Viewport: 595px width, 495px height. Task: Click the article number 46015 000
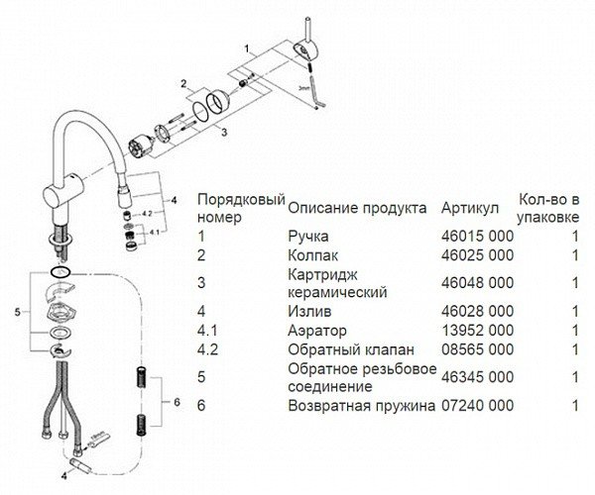pyautogui.click(x=477, y=237)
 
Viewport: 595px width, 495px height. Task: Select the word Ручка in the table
pyautogui.click(x=308, y=237)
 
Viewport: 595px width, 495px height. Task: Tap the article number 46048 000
pyautogui.click(x=477, y=283)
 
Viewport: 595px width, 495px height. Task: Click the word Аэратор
pyautogui.click(x=317, y=331)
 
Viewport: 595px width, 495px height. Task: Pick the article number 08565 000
pyautogui.click(x=477, y=349)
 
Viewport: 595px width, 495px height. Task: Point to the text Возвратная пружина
pyautogui.click(x=361, y=406)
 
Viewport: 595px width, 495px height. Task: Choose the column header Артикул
pyautogui.click(x=470, y=208)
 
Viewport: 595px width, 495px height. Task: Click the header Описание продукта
pyautogui.click(x=357, y=208)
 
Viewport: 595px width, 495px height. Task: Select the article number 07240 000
pyautogui.click(x=477, y=406)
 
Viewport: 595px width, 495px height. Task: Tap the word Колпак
pyautogui.click(x=312, y=255)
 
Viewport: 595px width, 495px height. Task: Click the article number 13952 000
pyautogui.click(x=477, y=331)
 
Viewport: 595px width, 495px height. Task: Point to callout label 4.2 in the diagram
pyautogui.click(x=147, y=214)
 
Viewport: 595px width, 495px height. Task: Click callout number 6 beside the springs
pyautogui.click(x=177, y=402)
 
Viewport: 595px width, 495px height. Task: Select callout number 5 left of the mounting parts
pyautogui.click(x=18, y=313)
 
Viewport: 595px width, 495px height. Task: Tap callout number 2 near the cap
pyautogui.click(x=183, y=84)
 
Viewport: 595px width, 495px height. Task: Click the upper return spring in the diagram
pyautogui.click(x=142, y=377)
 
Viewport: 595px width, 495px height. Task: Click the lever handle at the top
pyautogui.click(x=306, y=51)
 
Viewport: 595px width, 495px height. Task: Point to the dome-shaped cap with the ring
pyautogui.click(x=217, y=101)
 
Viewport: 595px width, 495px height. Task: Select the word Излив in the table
pyautogui.click(x=309, y=311)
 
